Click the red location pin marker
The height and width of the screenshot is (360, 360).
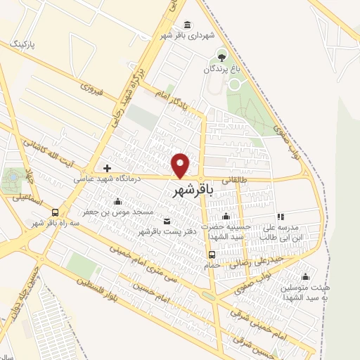click(x=181, y=165)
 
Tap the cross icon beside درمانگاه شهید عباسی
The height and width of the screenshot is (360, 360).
click(x=107, y=168)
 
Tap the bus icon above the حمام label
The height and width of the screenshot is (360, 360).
click(x=212, y=255)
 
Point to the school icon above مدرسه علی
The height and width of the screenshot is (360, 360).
click(x=281, y=217)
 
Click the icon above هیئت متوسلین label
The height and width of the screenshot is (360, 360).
click(x=304, y=276)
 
